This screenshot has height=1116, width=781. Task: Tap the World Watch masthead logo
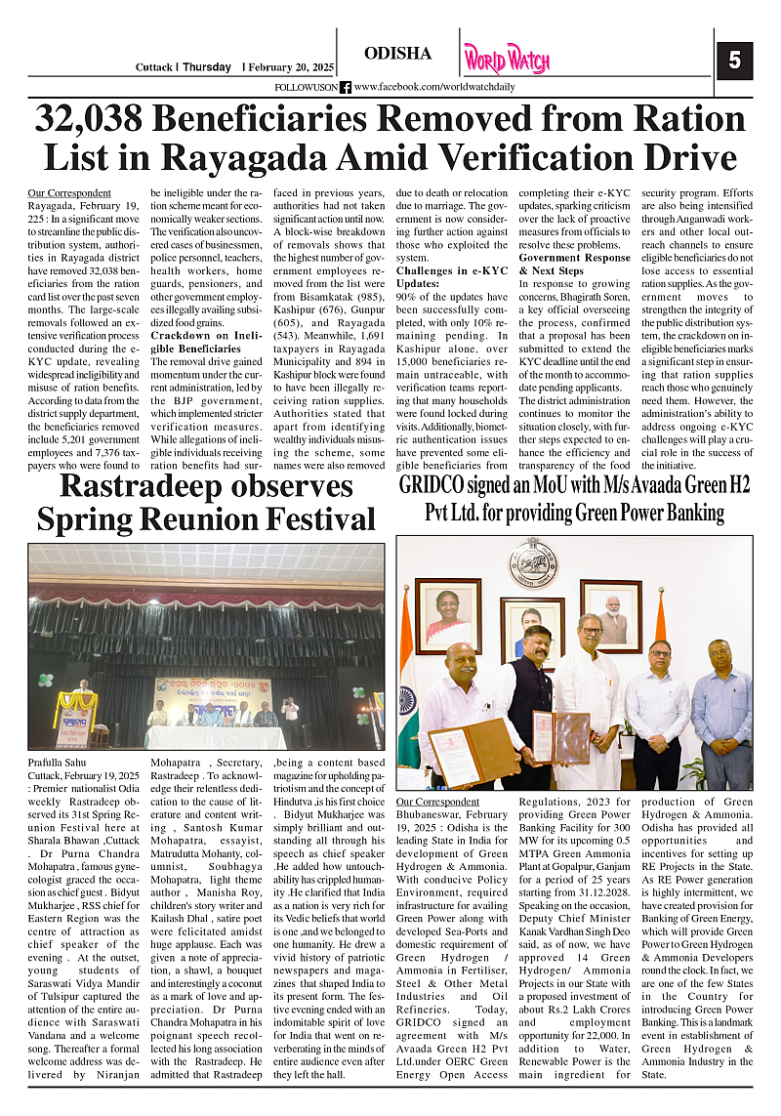507,59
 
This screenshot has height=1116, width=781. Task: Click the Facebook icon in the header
346,87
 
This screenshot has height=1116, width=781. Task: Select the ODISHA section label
397,54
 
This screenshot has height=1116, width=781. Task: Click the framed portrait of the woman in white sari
447,614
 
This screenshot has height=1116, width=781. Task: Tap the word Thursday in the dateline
207,67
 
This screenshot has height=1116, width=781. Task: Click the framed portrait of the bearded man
611,615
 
